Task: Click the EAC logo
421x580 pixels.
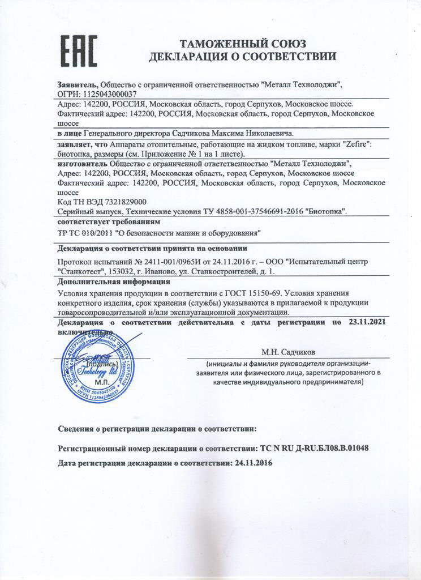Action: click(x=79, y=50)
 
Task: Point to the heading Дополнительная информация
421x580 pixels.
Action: click(x=114, y=282)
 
